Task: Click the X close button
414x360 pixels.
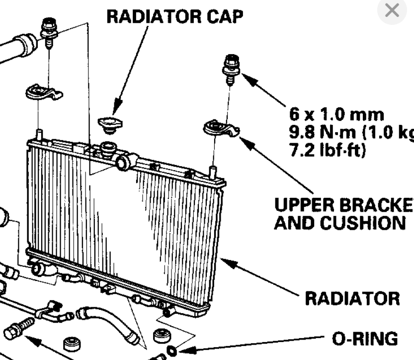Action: click(392, 10)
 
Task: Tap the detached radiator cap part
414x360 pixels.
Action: click(108, 124)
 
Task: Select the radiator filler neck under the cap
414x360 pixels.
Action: click(108, 148)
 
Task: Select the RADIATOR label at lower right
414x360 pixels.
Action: click(352, 298)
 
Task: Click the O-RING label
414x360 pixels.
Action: click(365, 339)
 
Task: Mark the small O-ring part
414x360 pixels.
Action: click(172, 351)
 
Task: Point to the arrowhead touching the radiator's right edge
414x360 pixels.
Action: click(224, 261)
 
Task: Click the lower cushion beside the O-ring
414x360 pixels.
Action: click(161, 335)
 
